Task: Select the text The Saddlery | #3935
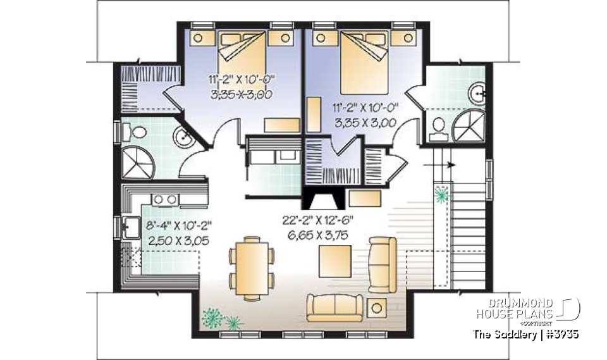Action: [526, 334]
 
